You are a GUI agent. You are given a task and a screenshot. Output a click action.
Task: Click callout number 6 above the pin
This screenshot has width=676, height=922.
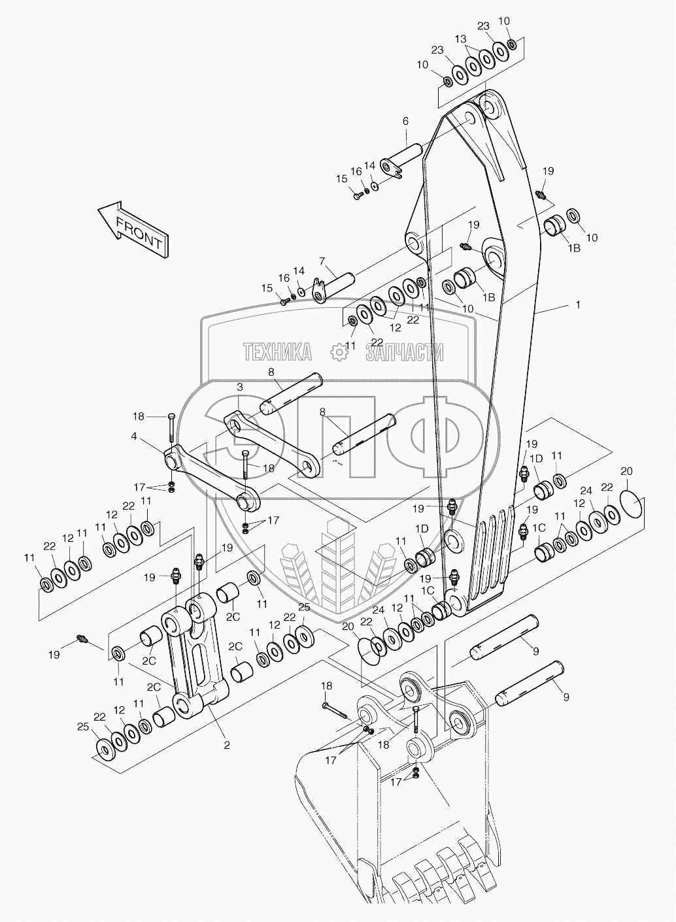[405, 121]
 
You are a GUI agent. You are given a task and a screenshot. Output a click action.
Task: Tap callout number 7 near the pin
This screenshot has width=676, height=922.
[322, 261]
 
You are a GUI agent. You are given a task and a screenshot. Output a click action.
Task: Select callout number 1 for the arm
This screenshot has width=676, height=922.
[578, 305]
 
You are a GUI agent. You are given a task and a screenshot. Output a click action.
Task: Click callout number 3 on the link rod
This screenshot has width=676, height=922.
[240, 387]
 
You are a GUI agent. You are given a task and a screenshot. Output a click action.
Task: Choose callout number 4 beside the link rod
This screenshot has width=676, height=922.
[134, 435]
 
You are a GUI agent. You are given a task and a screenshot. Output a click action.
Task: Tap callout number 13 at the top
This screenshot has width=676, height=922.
[461, 39]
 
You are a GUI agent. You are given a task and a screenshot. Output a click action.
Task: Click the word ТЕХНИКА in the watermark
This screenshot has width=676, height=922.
[277, 352]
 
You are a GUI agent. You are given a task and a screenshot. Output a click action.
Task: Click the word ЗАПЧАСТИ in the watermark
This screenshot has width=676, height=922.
[405, 352]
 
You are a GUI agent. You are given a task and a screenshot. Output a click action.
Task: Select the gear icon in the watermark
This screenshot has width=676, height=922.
[340, 353]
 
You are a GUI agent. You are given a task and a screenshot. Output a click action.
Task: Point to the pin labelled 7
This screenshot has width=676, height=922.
[334, 286]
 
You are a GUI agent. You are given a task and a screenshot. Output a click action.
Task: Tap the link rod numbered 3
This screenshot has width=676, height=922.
[273, 445]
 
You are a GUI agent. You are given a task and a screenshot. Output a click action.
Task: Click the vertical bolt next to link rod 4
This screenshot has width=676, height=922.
[171, 430]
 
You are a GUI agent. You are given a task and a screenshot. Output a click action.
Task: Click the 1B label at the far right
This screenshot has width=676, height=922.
[574, 248]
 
